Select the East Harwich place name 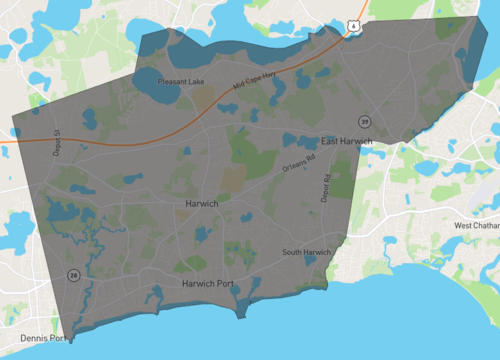tap(345, 141)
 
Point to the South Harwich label tap(306, 251)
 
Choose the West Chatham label tap(477, 225)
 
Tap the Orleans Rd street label tap(299, 167)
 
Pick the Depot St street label tap(57, 139)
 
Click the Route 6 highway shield tap(353, 26)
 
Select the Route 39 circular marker tap(365, 121)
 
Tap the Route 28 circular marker tap(73, 274)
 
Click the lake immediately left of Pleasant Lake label tap(147, 83)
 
